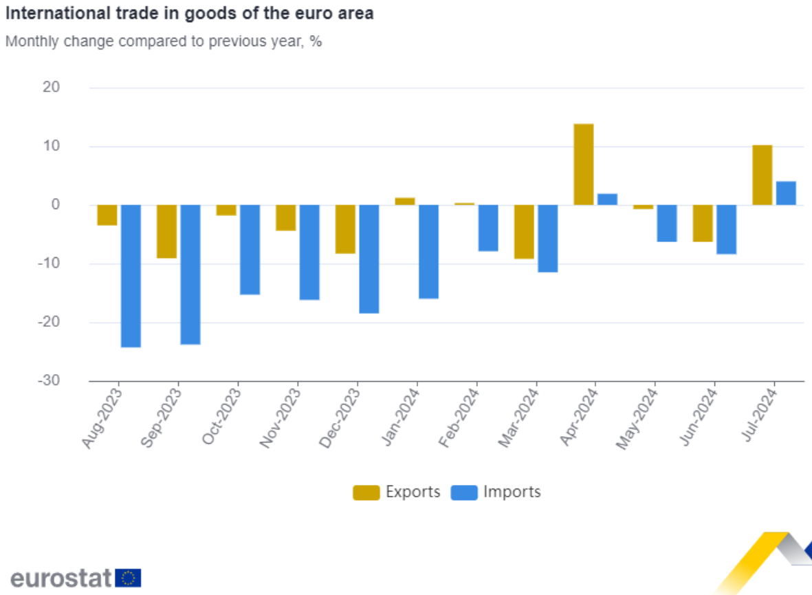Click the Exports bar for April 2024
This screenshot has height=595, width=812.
tap(584, 164)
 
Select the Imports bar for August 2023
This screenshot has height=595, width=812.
tap(131, 276)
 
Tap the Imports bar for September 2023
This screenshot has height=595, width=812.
tap(190, 274)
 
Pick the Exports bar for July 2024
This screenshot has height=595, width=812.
tap(762, 175)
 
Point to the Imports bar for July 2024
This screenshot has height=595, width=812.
tap(786, 193)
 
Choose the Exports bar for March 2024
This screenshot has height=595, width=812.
tap(525, 232)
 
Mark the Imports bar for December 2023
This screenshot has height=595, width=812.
tap(369, 259)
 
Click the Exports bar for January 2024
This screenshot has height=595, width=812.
tap(405, 202)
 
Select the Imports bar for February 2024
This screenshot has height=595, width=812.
tap(488, 228)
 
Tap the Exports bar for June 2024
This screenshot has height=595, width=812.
tap(703, 224)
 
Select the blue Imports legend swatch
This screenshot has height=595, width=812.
tap(464, 493)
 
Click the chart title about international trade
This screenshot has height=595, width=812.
tap(189, 13)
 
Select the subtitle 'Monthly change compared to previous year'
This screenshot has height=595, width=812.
tap(164, 41)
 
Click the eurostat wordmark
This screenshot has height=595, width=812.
tap(61, 578)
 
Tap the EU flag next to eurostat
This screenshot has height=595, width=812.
tap(129, 578)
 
